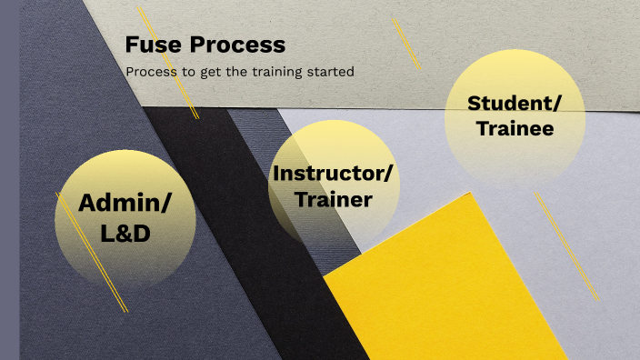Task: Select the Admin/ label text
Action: [x=125, y=204]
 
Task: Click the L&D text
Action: [x=125, y=234]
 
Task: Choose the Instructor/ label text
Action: [x=335, y=173]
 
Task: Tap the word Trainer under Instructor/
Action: [x=335, y=199]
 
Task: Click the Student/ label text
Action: [x=514, y=103]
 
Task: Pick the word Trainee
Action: [x=514, y=129]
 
